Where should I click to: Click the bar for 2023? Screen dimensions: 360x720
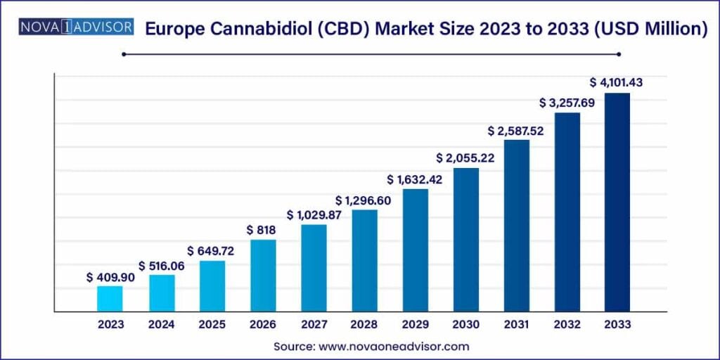coord(110,299)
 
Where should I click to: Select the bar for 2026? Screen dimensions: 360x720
coord(263,276)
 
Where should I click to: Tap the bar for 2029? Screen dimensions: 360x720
coord(415,250)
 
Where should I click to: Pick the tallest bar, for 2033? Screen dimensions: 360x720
coord(617,202)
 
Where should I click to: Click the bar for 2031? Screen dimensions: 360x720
coord(516,226)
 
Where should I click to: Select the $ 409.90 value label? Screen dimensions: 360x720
coord(110,277)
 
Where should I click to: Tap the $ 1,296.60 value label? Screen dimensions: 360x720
coord(364,200)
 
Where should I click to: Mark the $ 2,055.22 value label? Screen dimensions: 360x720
coord(465,158)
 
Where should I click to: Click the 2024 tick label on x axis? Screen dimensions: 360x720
coord(161,324)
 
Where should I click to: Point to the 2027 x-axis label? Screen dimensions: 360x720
coord(314,324)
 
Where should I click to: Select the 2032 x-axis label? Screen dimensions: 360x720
coord(567,324)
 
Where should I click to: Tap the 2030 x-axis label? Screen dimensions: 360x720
coord(465,324)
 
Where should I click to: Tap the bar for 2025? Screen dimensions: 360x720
coord(212,286)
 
